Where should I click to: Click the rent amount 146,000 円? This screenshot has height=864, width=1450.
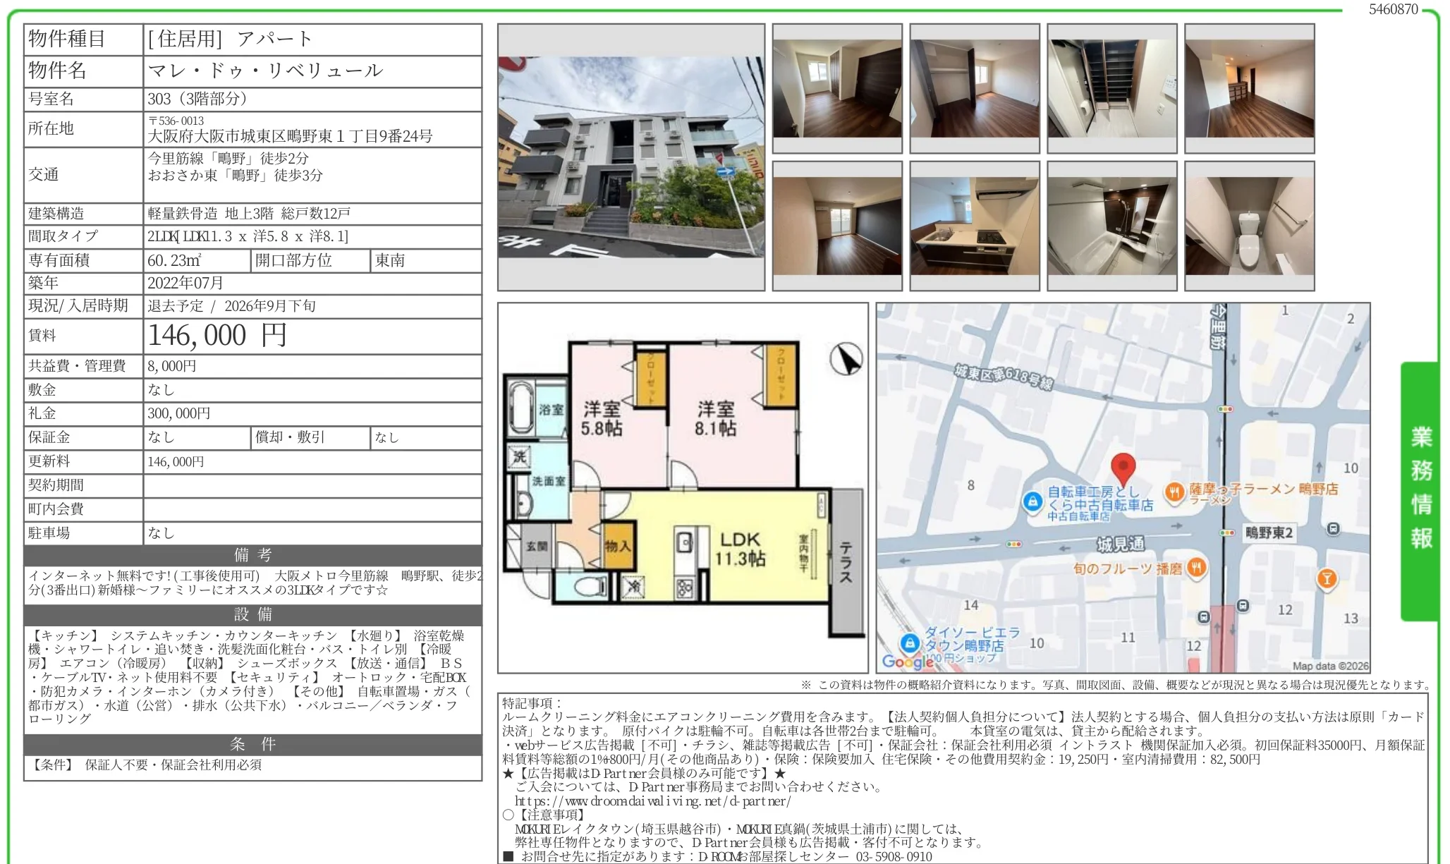click(217, 336)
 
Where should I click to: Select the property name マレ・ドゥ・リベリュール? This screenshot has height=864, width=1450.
click(265, 71)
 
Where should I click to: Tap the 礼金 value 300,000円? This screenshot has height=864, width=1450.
click(179, 413)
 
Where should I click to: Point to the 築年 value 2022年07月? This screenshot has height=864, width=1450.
click(185, 283)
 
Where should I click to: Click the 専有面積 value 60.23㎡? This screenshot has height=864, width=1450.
click(174, 260)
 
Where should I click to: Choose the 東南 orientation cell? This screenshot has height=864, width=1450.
click(390, 260)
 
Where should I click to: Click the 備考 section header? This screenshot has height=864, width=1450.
click(252, 555)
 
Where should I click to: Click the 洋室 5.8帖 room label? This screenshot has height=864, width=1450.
click(602, 418)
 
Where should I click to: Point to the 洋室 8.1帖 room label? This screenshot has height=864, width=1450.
click(716, 418)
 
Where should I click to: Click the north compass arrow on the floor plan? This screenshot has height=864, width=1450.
click(846, 359)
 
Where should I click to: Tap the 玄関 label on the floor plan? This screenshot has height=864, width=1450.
click(537, 546)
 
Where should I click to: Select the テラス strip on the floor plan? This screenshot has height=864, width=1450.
click(846, 562)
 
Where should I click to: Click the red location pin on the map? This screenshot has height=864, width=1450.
click(1123, 469)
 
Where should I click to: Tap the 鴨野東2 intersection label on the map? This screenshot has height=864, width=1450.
click(1269, 533)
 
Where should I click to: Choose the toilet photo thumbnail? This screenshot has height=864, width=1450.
click(1250, 226)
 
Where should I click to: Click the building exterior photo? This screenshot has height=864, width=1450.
click(631, 157)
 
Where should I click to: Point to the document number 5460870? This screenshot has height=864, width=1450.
click(1394, 9)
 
